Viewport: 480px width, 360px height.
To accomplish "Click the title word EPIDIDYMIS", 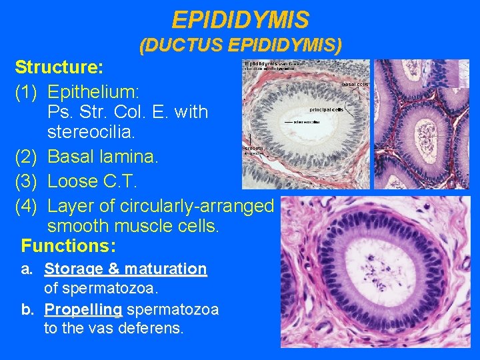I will click(x=240, y=19).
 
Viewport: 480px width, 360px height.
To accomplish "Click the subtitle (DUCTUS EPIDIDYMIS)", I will click(x=240, y=45).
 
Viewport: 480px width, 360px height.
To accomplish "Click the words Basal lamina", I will click(x=103, y=157).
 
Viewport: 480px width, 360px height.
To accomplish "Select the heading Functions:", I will click(x=68, y=246).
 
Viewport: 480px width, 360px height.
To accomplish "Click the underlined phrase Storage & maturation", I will click(x=125, y=269).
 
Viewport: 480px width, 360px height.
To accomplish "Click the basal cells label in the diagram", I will click(x=355, y=85).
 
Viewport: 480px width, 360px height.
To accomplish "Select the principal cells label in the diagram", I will click(x=326, y=109).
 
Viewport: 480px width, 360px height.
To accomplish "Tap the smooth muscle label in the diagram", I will click(x=253, y=150).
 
